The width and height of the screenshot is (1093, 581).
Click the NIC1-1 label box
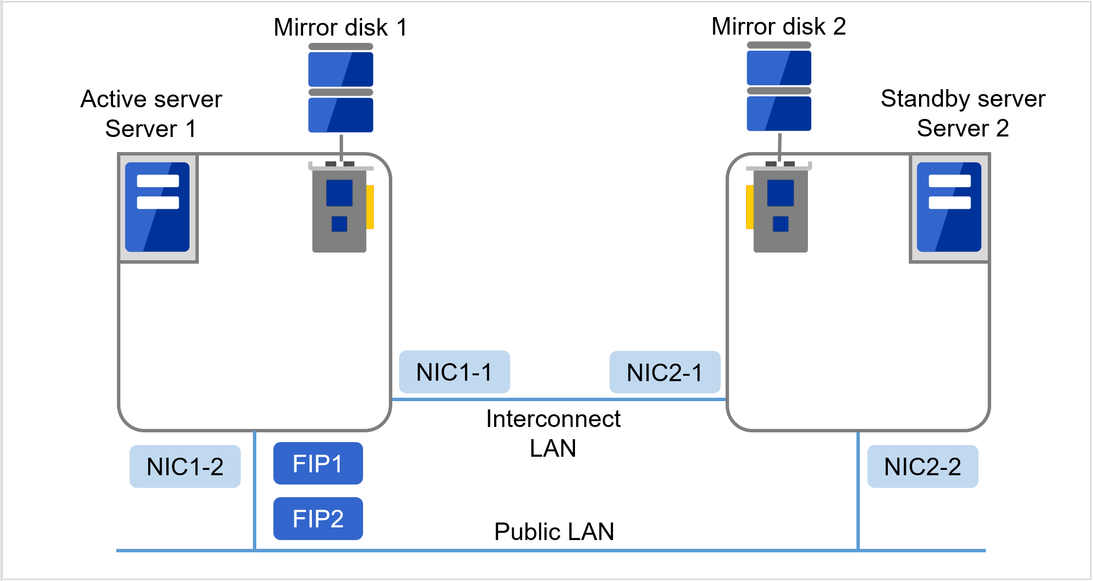pyautogui.click(x=454, y=372)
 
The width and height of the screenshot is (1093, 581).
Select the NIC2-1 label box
pyautogui.click(x=665, y=372)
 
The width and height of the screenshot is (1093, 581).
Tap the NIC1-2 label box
pyautogui.click(x=185, y=466)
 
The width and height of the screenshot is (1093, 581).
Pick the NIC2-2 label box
pyautogui.click(x=922, y=466)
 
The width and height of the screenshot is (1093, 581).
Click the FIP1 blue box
pyautogui.click(x=318, y=464)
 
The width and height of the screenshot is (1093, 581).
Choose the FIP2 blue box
pyautogui.click(x=318, y=519)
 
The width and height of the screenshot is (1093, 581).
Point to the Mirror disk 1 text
pyautogui.click(x=340, y=27)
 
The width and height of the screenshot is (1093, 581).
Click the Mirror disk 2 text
pyautogui.click(x=778, y=26)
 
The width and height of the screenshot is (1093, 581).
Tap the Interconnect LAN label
pyautogui.click(x=553, y=433)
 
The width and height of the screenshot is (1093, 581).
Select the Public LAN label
pyautogui.click(x=554, y=531)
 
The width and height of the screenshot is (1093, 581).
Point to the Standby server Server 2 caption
pyautogui.click(x=963, y=114)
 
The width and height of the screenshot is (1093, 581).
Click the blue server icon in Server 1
pyautogui.click(x=157, y=207)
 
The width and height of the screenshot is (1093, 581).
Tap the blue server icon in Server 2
pyautogui.click(x=949, y=207)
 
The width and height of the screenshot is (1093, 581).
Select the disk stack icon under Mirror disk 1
pyautogui.click(x=341, y=88)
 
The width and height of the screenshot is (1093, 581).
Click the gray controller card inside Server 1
pyautogui.click(x=339, y=210)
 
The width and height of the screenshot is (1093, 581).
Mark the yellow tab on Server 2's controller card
pyautogui.click(x=749, y=207)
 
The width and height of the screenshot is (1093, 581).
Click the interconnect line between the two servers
pyautogui.click(x=559, y=399)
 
